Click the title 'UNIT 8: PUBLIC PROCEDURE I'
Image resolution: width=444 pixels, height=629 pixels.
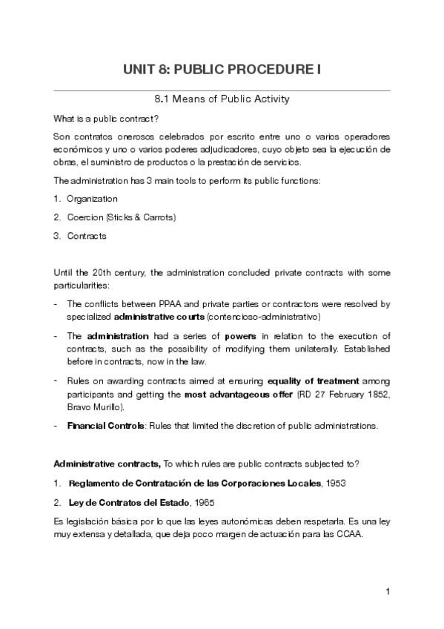click(x=222, y=70)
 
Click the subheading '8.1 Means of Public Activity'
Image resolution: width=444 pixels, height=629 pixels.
click(x=222, y=99)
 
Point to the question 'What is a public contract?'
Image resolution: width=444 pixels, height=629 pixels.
click(x=107, y=119)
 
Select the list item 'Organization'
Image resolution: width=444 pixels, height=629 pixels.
click(x=92, y=199)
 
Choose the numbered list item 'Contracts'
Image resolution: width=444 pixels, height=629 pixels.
click(x=87, y=236)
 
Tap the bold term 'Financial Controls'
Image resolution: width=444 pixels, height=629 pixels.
click(x=101, y=426)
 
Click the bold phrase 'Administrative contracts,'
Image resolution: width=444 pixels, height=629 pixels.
click(x=107, y=464)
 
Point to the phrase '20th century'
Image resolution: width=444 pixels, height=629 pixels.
click(x=111, y=272)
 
